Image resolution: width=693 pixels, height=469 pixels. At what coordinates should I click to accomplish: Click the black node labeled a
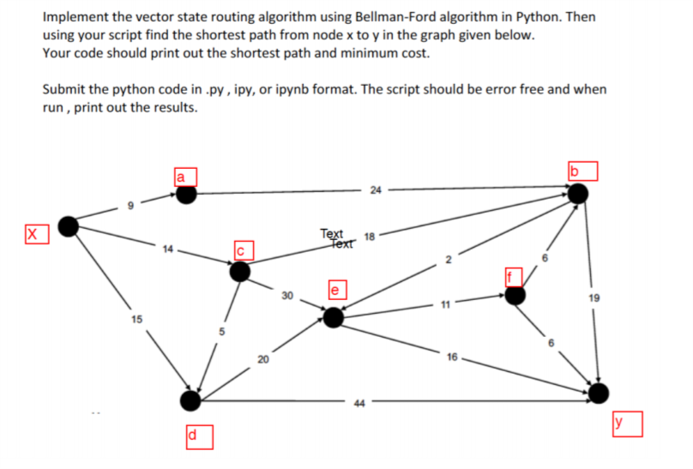pos(186,195)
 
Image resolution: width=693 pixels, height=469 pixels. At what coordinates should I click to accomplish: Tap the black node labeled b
pos(580,193)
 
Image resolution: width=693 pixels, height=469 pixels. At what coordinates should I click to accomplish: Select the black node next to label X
pos(69,226)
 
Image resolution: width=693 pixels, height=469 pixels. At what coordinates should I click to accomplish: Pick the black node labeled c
pos(240,271)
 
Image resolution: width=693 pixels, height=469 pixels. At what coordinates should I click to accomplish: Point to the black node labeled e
pos(333,318)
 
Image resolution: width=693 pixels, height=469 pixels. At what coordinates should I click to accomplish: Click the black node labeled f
pos(515,295)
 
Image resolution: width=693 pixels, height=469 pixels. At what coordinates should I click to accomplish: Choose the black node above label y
pos(600,393)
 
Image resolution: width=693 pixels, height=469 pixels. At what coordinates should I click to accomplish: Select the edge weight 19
pos(595,299)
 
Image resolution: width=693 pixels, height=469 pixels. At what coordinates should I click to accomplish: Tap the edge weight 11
pos(447,304)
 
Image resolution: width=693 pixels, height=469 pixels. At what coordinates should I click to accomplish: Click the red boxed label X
pos(34,233)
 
